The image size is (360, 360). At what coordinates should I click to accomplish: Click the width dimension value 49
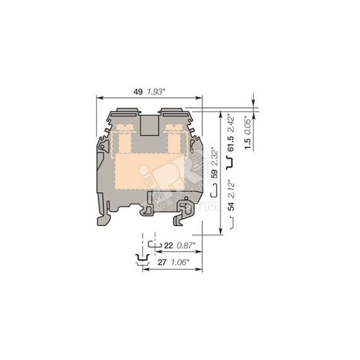(x=138, y=92)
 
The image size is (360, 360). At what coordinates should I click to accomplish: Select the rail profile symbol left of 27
(x=140, y=258)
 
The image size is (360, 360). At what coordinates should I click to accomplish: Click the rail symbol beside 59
(x=214, y=188)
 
